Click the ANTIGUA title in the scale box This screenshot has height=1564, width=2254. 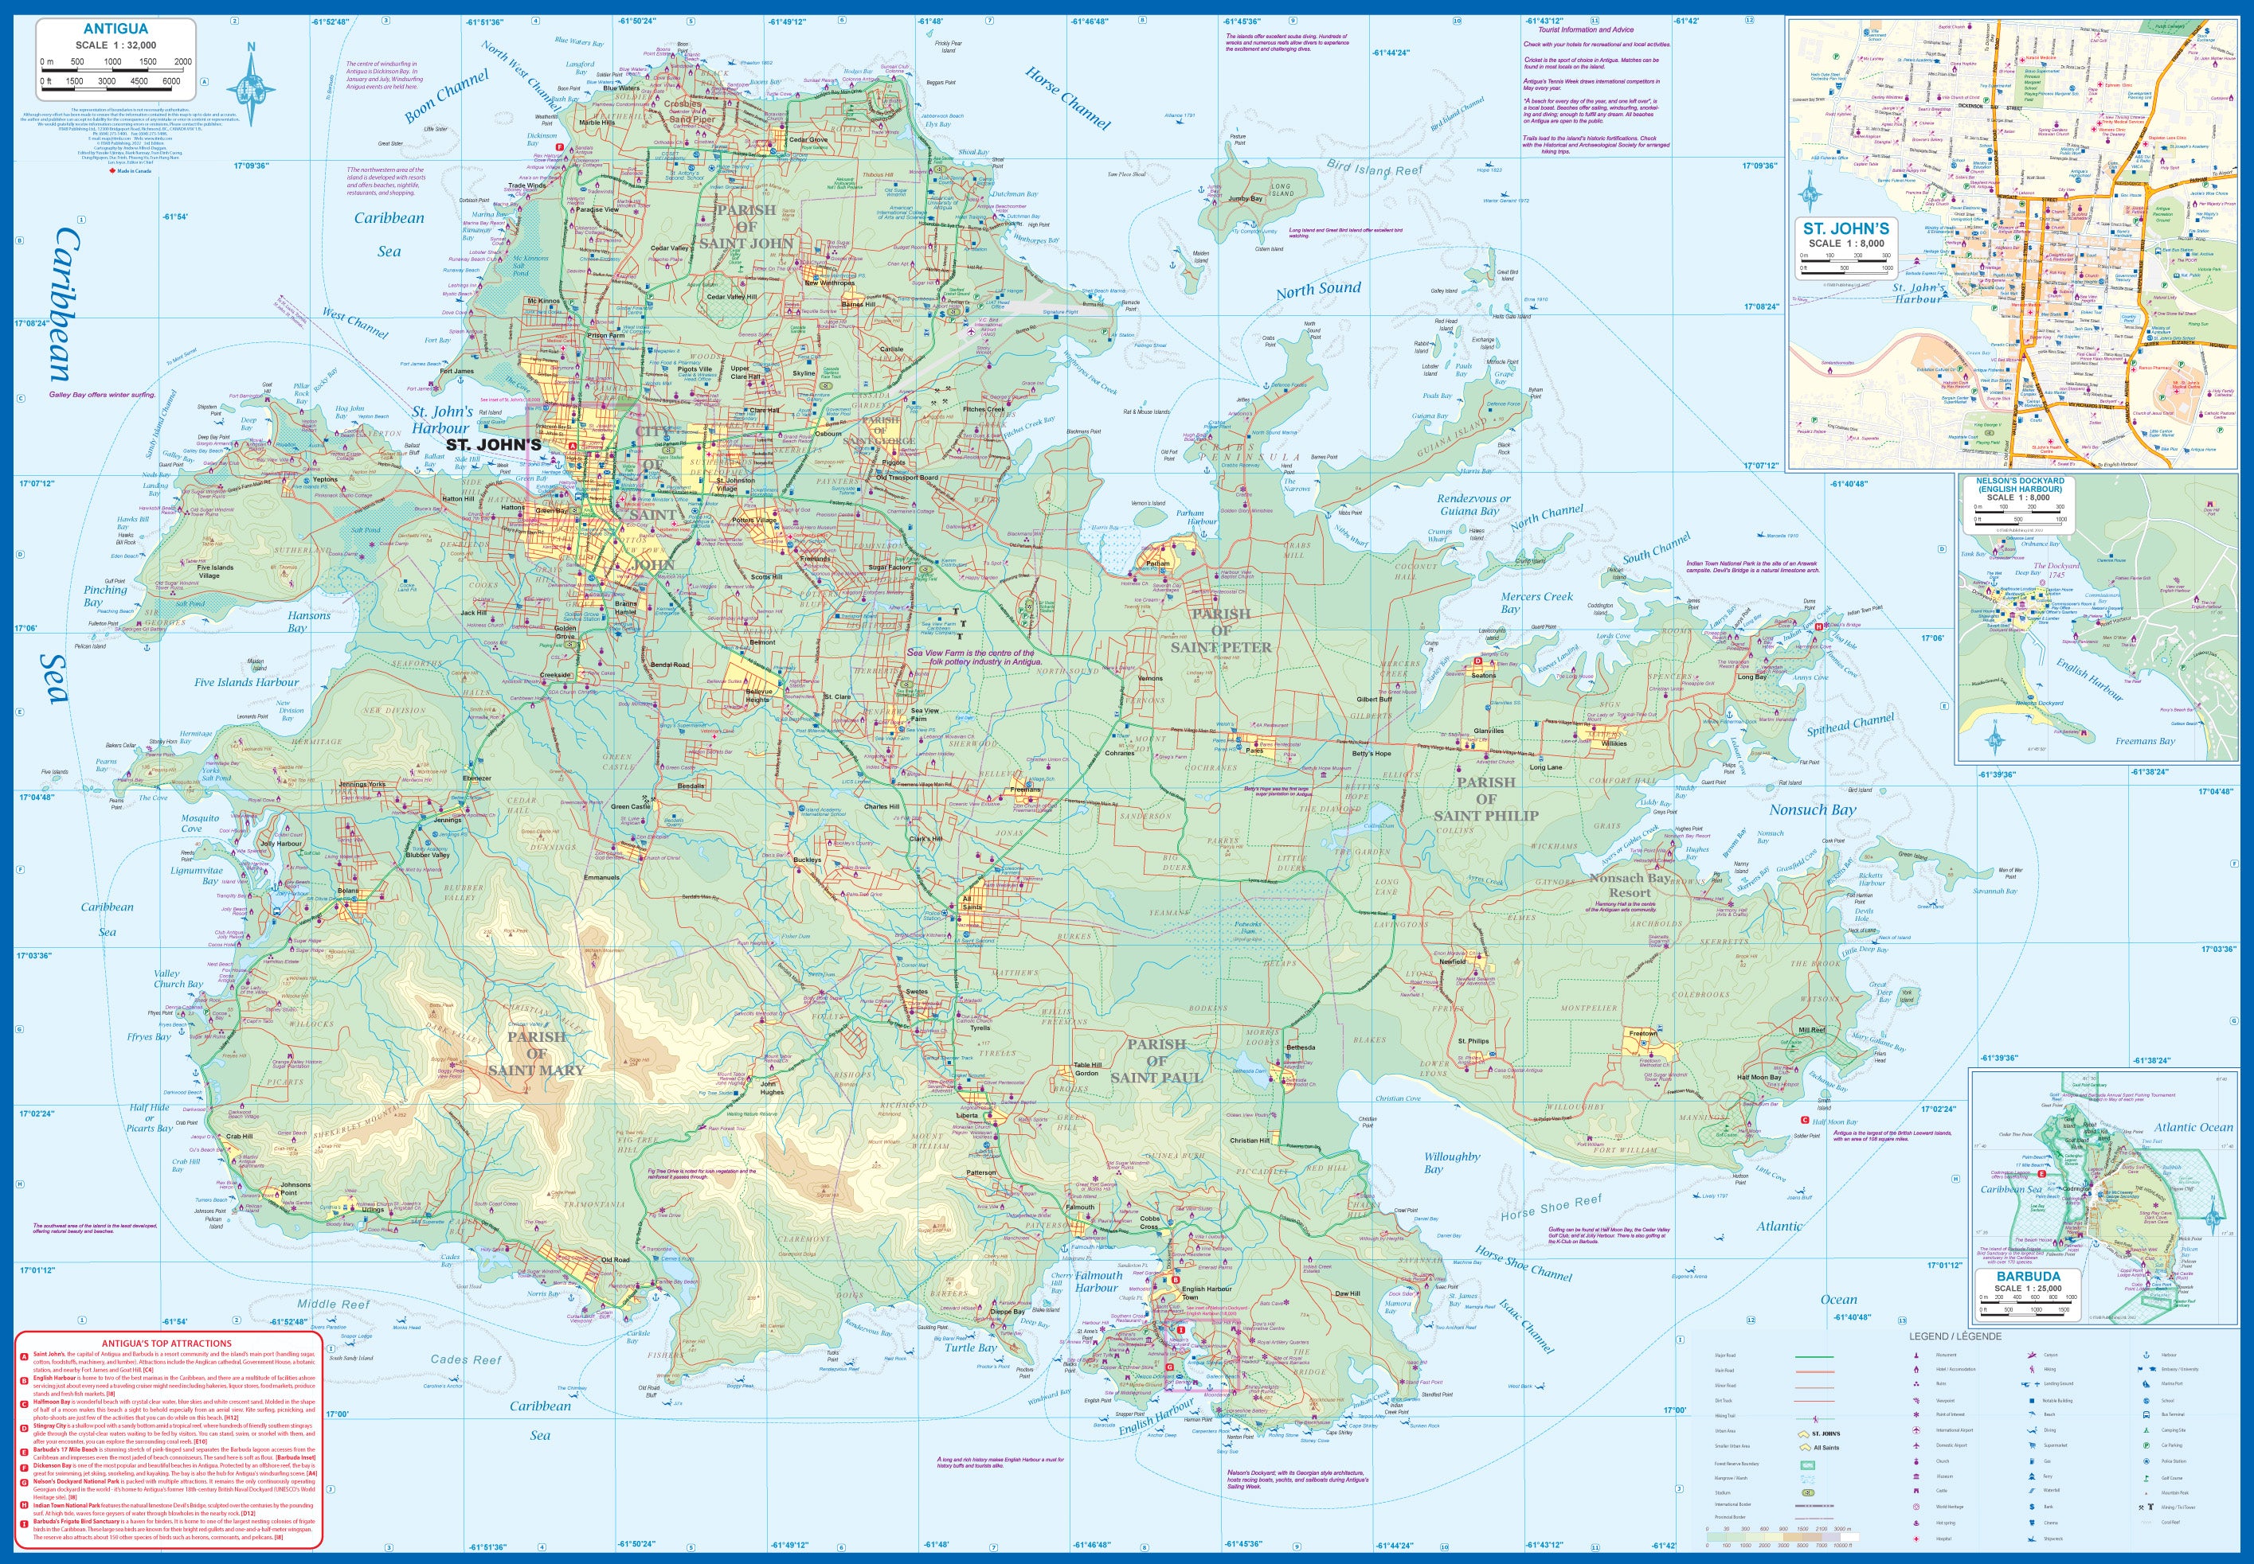pyautogui.click(x=115, y=29)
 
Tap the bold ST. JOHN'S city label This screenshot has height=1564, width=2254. pyautogui.click(x=493, y=445)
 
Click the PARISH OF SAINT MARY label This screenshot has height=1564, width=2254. pyautogui.click(x=535, y=1054)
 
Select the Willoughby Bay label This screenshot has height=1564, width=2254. pyautogui.click(x=1451, y=1162)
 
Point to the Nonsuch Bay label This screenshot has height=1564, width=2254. pyautogui.click(x=1812, y=809)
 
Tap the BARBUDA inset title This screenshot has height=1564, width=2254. pyautogui.click(x=2028, y=1276)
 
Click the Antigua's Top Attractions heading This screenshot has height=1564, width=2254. pyautogui.click(x=166, y=1344)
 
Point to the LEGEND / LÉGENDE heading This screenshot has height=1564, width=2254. pyautogui.click(x=1955, y=1336)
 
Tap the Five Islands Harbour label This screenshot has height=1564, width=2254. pyautogui.click(x=246, y=682)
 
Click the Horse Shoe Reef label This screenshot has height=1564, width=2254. pyautogui.click(x=1551, y=1207)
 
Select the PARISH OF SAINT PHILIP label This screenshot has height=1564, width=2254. pyautogui.click(x=1485, y=798)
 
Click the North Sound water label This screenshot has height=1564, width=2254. pyautogui.click(x=1317, y=289)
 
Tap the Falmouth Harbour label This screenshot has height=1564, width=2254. pyautogui.click(x=1098, y=1281)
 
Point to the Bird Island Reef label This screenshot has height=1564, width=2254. pyautogui.click(x=1375, y=169)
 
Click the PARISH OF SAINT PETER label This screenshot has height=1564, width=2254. pyautogui.click(x=1221, y=631)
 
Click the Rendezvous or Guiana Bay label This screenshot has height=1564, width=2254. pyautogui.click(x=1474, y=504)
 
